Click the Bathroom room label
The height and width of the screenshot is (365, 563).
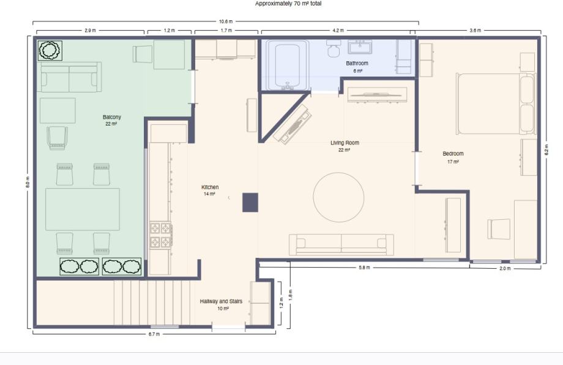point(357,63)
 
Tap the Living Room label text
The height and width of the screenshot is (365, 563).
point(345,143)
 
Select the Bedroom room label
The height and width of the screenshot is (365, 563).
point(453,154)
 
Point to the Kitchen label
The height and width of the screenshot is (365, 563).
point(210,187)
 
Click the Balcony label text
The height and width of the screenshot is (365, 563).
point(111,117)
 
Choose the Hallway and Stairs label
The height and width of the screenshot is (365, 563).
point(221,301)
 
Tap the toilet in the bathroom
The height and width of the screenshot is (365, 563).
point(334,48)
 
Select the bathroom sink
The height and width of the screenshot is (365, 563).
point(359,47)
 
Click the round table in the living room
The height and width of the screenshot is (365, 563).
point(338,198)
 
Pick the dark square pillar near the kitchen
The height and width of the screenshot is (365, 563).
point(250,203)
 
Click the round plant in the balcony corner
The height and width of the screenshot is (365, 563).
point(50,50)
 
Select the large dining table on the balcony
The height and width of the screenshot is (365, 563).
point(83,209)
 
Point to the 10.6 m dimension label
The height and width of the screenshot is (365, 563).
point(226,21)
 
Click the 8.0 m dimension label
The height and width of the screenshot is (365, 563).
point(28,182)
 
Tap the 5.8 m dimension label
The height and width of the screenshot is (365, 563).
point(364,268)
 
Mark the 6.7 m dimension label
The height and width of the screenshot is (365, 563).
point(154,334)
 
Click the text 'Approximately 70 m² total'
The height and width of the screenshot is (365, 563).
point(288,4)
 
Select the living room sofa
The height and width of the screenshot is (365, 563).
point(341,244)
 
